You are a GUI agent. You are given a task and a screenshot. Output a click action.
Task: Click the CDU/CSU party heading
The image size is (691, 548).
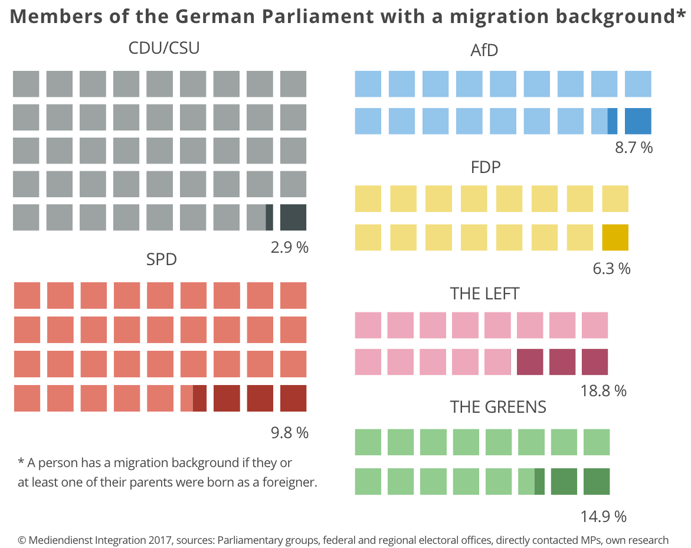pyautogui.click(x=163, y=48)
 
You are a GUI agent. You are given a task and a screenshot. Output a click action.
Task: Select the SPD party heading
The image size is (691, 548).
pyautogui.click(x=161, y=259)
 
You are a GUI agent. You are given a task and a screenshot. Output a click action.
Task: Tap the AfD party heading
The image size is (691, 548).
pyautogui.click(x=484, y=51)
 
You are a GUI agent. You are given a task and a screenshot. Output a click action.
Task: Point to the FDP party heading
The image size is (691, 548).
pyautogui.click(x=486, y=167)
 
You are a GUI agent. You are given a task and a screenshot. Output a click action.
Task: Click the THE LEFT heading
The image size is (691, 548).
pyautogui.click(x=484, y=293)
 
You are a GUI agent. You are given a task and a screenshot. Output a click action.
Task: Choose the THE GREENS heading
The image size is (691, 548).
pyautogui.click(x=497, y=407)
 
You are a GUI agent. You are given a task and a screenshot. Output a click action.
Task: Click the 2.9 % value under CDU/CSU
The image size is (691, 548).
pyautogui.click(x=289, y=247)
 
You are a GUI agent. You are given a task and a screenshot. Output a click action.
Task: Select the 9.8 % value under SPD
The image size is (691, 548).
pyautogui.click(x=289, y=433)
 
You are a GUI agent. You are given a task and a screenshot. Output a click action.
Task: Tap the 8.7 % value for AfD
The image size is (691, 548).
pyautogui.click(x=634, y=148)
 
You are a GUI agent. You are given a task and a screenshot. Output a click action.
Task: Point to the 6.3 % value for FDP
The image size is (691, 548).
pyautogui.click(x=611, y=269)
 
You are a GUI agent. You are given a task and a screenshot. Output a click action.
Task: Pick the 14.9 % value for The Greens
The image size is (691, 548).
pyautogui.click(x=602, y=517)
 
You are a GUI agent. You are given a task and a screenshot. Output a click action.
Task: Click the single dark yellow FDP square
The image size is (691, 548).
pyautogui.click(x=615, y=237)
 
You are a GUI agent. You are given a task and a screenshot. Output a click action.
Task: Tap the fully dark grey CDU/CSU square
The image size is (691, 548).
pyautogui.click(x=293, y=217)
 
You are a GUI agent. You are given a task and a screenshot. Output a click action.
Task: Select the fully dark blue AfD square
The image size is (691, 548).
pyautogui.click(x=638, y=121)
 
